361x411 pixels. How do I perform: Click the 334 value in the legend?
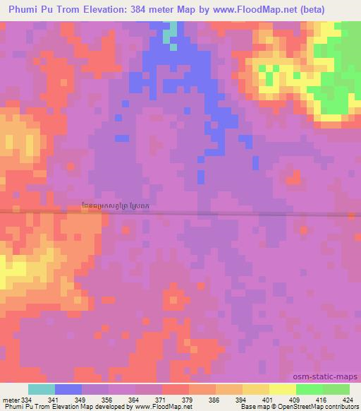tap(27, 400)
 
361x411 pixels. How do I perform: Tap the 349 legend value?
tap(82, 400)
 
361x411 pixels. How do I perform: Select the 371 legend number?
tap(161, 400)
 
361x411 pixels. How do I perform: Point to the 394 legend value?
tap(242, 400)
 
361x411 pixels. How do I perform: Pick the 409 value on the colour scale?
tap(295, 400)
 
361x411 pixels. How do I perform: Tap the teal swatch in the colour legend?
tap(42, 390)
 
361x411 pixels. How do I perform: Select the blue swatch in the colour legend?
tap(68, 390)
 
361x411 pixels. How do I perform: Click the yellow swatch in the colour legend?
tap(282, 390)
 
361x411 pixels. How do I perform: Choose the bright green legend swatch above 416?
tap(309, 390)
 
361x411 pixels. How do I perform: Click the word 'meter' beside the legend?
tap(11, 400)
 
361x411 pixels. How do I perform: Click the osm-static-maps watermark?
tap(331, 377)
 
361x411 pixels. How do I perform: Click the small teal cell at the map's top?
tap(169, 33)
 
